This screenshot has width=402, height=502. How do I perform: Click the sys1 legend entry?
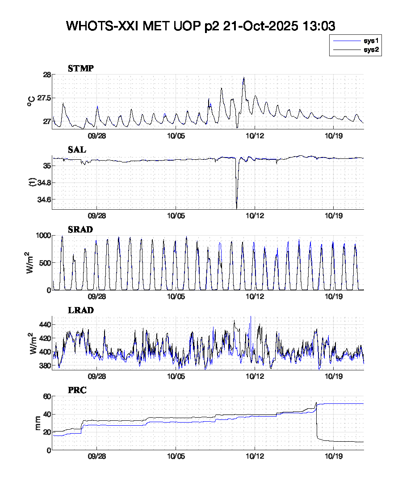[x=371, y=41]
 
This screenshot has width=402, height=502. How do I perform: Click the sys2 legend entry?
[x=371, y=50]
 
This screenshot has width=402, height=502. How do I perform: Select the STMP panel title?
[x=81, y=68]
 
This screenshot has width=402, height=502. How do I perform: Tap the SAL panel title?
[x=77, y=150]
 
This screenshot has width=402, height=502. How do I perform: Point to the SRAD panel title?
[x=80, y=229]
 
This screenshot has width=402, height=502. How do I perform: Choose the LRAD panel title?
[x=81, y=310]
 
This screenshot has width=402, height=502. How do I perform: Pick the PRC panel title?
[x=77, y=390]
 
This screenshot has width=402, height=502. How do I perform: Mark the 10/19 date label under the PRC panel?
[x=333, y=458]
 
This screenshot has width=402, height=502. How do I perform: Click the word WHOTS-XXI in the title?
[x=102, y=26]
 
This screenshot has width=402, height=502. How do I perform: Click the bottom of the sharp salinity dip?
[x=236, y=208]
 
